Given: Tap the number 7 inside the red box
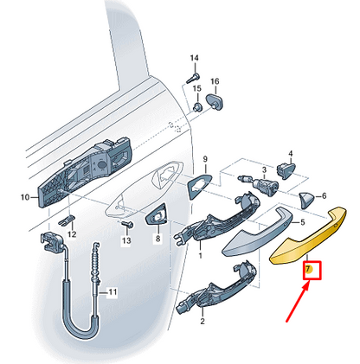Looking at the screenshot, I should tap(308, 270).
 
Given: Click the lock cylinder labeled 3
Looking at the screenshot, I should tap(260, 182).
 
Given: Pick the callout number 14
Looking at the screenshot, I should tap(194, 58).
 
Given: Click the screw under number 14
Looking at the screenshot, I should tap(191, 76).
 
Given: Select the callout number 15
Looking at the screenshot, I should tap(197, 88).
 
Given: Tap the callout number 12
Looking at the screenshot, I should tap(72, 234).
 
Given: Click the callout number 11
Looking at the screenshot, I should tap(110, 293).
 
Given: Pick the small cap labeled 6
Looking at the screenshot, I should tap(305, 201).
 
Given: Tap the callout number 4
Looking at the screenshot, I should tap(286, 152).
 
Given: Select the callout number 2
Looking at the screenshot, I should tap(202, 322).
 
